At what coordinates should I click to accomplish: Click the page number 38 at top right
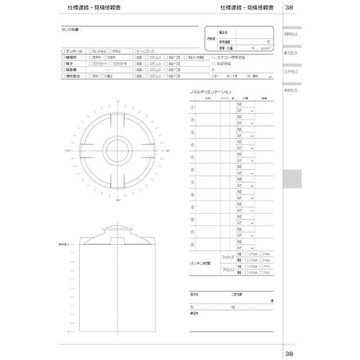pos(289,8)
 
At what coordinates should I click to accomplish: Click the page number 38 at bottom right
pos(289,353)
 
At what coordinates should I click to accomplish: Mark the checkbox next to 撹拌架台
pos(62,75)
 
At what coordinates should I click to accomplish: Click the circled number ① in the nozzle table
pos(192,107)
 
